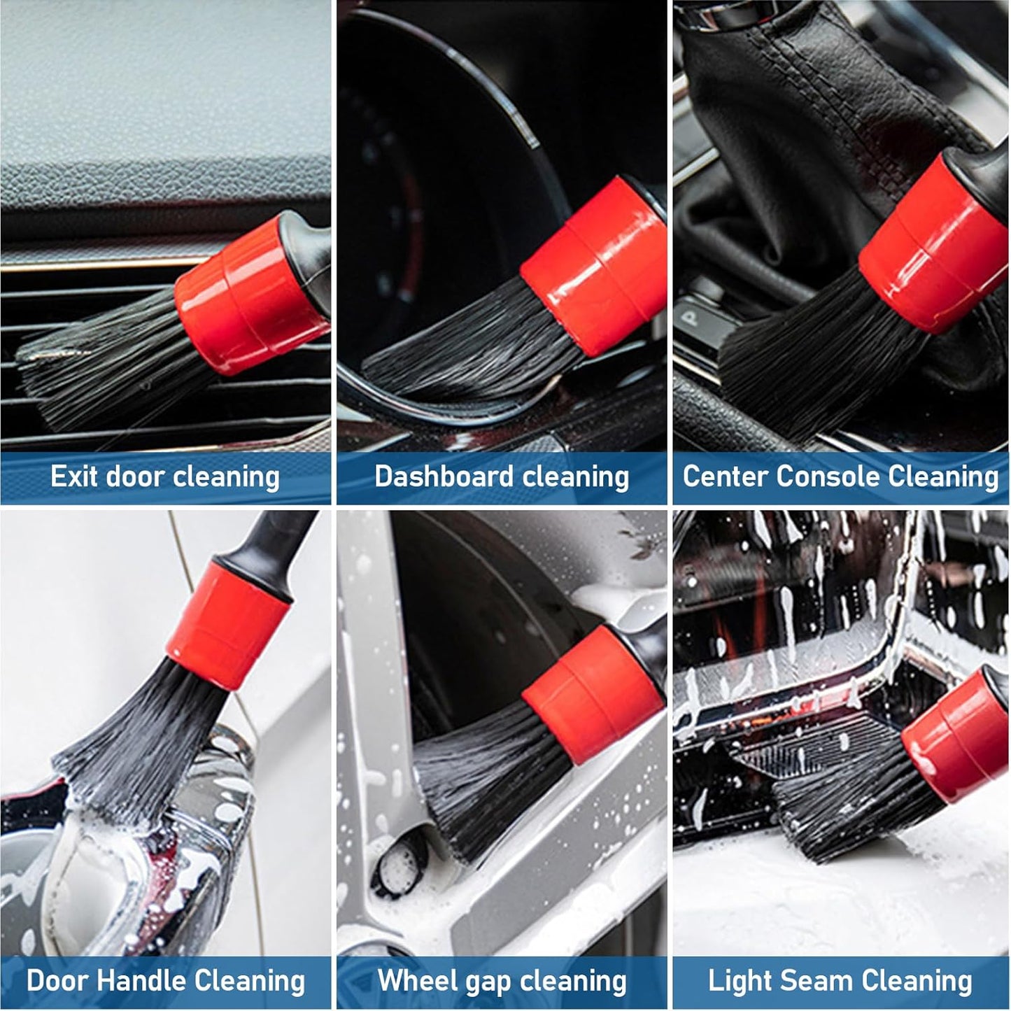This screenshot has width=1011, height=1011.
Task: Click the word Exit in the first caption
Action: click(73, 476)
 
